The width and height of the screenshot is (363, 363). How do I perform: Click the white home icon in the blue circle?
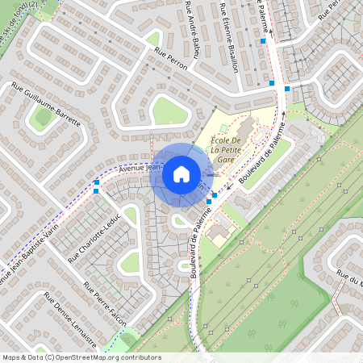pos(181,174)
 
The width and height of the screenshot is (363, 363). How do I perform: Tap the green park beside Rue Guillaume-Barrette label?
pos(43,117)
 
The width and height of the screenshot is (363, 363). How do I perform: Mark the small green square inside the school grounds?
pos(223,127)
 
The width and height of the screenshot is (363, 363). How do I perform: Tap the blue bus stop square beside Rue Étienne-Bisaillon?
pos(263,40)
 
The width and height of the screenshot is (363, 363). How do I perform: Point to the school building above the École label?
pos(244,127)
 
